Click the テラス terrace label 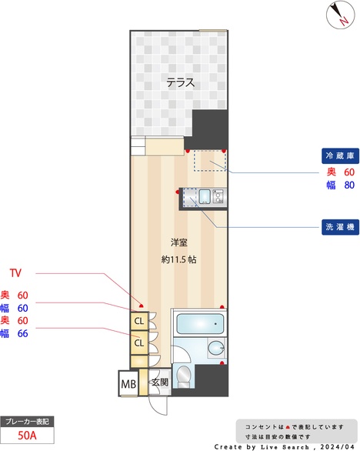click(180, 83)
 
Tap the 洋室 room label click(180, 244)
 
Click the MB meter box click(128, 383)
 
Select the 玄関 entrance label click(159, 383)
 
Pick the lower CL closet click(139, 342)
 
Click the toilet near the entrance click(183, 376)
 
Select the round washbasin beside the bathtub click(214, 348)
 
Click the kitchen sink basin click(205, 199)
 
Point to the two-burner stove click(218, 199)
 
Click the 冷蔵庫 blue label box click(338, 155)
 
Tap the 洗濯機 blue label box click(338, 227)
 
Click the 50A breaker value click(27, 436)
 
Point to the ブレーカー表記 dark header click(27, 422)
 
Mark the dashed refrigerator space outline click(208, 159)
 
